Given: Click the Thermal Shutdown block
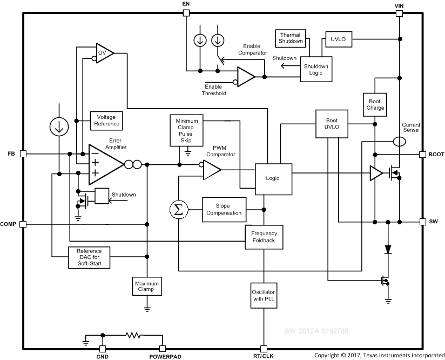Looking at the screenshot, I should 291,37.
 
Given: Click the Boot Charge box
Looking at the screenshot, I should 375,104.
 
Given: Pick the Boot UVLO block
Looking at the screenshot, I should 332,124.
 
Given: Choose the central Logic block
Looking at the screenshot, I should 273,178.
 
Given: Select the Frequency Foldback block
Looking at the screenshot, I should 264,237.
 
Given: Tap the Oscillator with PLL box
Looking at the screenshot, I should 264,296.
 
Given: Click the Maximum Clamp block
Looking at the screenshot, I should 147,286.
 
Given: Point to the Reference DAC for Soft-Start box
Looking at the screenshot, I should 89,258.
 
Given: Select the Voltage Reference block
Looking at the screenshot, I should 106,120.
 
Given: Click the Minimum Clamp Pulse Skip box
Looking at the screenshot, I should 186,130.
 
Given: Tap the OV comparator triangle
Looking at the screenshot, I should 104,53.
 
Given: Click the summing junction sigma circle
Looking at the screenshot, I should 178,210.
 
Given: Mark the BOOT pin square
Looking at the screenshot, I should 423,154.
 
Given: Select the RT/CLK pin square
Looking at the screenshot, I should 264,349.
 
